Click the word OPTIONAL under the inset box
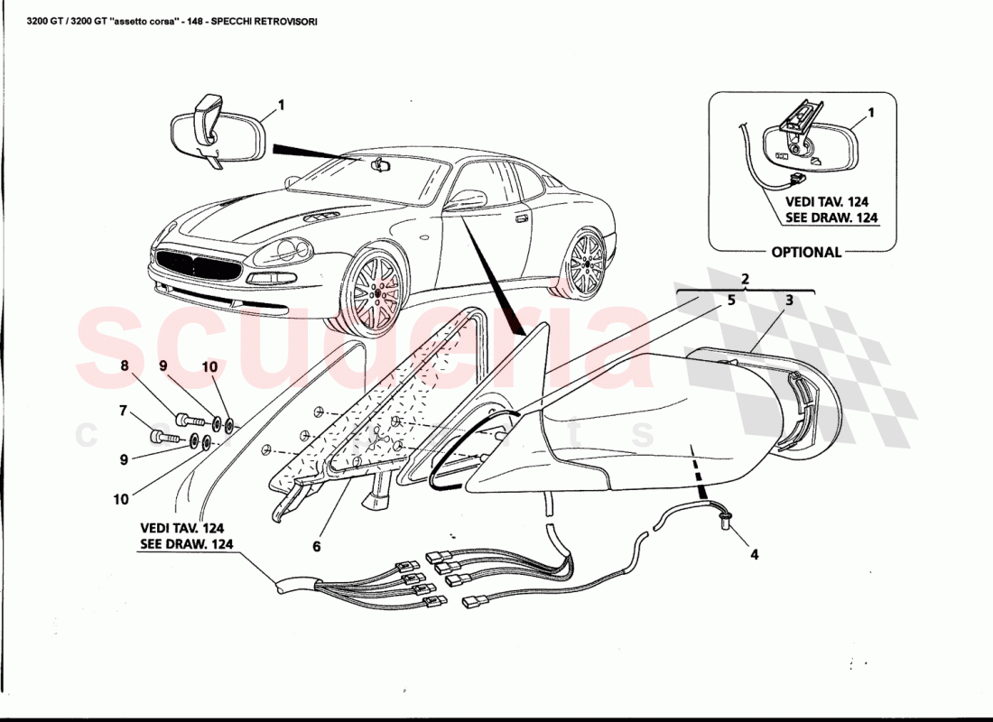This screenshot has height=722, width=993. point(805,253)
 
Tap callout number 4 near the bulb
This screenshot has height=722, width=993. point(754,554)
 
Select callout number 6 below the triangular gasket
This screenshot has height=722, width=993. point(317,546)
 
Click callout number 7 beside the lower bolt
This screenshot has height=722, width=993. point(123,411)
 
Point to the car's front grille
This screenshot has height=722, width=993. point(198,267)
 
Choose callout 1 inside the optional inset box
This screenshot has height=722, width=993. point(870,114)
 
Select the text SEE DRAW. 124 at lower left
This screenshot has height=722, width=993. point(186,543)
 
